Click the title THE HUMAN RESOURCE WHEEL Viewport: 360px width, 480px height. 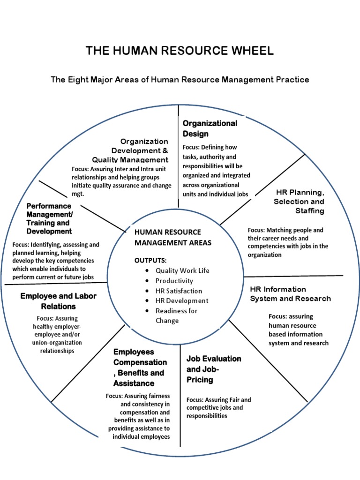(x=180, y=51)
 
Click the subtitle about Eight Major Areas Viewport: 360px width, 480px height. (x=180, y=79)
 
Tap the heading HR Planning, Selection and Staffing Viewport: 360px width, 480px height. (x=299, y=202)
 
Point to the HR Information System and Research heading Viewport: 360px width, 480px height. (x=290, y=294)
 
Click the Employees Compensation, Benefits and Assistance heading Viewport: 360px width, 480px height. (x=140, y=367)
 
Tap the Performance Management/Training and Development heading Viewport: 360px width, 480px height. (x=49, y=218)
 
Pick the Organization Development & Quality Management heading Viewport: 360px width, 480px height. (x=140, y=150)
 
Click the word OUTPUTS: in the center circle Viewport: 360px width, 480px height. (x=150, y=260)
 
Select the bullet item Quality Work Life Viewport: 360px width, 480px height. (x=182, y=270)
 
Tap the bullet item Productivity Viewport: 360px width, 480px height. (x=174, y=281)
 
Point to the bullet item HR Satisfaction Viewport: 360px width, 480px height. (x=179, y=291)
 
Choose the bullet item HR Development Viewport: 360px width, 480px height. (x=182, y=300)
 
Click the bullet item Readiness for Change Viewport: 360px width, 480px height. (x=176, y=315)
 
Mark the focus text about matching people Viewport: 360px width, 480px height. (x=288, y=242)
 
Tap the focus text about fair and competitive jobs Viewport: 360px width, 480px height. (x=218, y=407)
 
